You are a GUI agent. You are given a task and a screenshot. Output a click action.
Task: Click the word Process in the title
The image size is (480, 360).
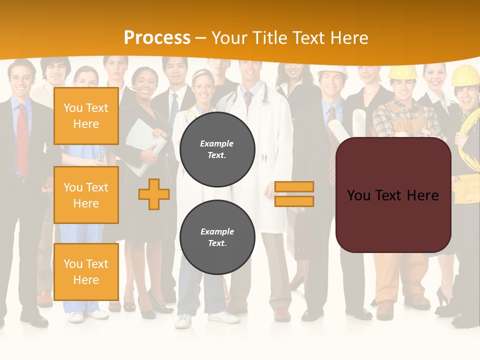157,37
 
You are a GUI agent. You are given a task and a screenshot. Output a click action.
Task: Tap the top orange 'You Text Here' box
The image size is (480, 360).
86,116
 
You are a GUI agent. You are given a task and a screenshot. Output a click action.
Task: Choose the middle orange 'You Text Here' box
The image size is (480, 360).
86,195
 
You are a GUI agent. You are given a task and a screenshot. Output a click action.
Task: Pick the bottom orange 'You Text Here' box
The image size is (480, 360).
86,271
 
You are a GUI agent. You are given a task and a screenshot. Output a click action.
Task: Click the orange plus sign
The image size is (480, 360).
154,194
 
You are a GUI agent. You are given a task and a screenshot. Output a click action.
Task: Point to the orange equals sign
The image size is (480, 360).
294,194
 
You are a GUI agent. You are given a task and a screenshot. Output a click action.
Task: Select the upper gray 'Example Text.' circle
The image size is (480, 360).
217,149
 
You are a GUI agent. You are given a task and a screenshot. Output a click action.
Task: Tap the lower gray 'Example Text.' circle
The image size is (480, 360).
217,237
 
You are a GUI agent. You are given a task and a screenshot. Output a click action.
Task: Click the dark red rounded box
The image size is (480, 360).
393,195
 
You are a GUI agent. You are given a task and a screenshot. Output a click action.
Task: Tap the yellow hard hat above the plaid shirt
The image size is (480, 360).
402,72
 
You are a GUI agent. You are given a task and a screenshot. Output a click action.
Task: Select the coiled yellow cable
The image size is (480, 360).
470,142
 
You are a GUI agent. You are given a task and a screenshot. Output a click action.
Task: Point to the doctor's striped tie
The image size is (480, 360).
248,100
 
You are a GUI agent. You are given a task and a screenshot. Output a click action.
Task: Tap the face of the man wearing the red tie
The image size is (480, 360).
21,80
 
